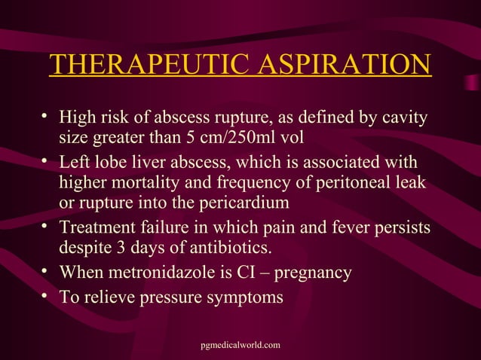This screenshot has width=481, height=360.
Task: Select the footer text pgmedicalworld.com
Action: [240, 344]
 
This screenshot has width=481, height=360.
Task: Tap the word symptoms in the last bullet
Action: [246, 297]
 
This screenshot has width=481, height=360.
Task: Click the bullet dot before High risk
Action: [45, 117]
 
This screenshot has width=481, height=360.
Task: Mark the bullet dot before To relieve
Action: [45, 295]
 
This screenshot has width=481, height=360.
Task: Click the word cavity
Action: [404, 118]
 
